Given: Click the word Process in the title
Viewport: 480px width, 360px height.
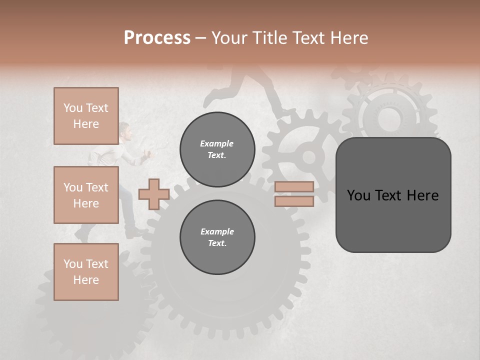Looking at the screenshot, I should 157,37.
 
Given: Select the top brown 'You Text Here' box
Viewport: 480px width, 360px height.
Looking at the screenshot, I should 86,116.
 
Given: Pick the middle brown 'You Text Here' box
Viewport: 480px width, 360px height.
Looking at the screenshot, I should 86,195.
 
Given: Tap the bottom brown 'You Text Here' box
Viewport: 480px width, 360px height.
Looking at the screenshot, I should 86,272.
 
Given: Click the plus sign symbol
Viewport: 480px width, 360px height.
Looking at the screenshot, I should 153,194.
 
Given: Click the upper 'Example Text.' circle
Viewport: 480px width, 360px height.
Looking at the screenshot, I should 217,149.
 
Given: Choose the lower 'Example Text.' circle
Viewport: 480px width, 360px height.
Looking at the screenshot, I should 217,237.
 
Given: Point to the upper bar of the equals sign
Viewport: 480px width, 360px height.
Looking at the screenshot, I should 294,186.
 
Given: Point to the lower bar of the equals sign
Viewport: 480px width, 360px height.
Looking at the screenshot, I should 294,201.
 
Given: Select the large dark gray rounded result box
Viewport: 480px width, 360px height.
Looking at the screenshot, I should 393,195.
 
